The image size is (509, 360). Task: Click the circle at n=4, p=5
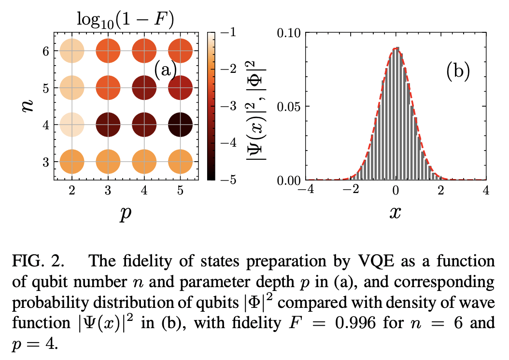pyautogui.click(x=181, y=125)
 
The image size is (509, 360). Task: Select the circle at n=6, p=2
pyautogui.click(x=72, y=51)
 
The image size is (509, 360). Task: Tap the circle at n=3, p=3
pyautogui.click(x=108, y=161)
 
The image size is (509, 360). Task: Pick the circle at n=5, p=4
pyautogui.click(x=144, y=88)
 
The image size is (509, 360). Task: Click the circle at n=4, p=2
pyautogui.click(x=72, y=125)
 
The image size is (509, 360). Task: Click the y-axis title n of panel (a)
pyautogui.click(x=28, y=106)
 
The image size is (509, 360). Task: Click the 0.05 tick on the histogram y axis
pyautogui.click(x=289, y=106)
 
